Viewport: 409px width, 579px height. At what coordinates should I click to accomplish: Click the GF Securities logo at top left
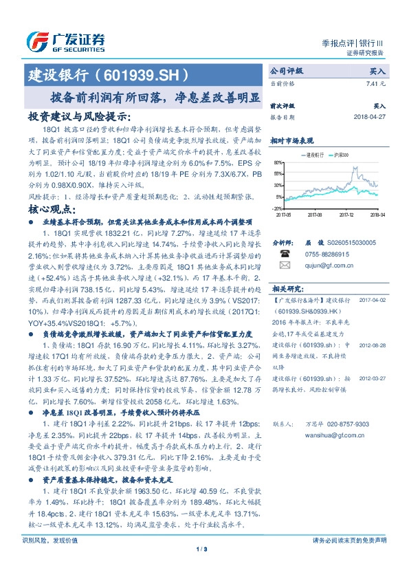click(x=65, y=41)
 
